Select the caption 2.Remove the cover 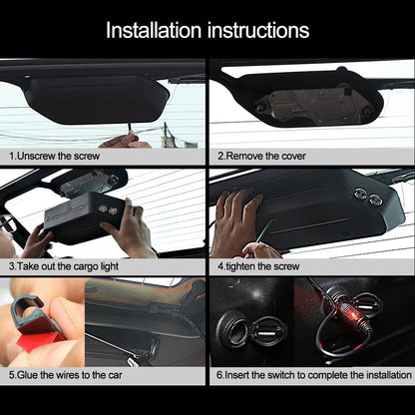point(261,157)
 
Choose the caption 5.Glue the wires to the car point(70,376)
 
